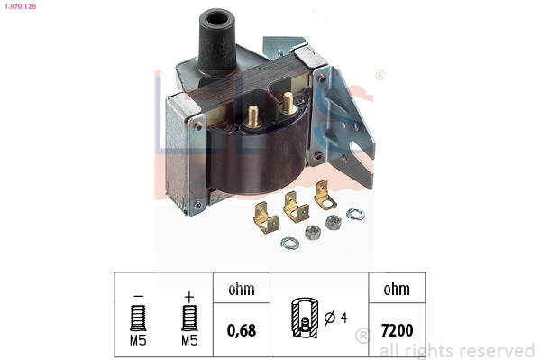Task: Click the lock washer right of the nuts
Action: coord(356,214)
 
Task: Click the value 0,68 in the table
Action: coord(242,330)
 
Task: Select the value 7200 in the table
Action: coord(397,330)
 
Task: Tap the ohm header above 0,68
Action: coord(242,290)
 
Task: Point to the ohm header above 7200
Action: coord(397,290)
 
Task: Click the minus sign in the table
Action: coord(138,296)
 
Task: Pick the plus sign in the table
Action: coord(188,296)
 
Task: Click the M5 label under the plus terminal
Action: coord(188,341)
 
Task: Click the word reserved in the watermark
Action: coord(495,350)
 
